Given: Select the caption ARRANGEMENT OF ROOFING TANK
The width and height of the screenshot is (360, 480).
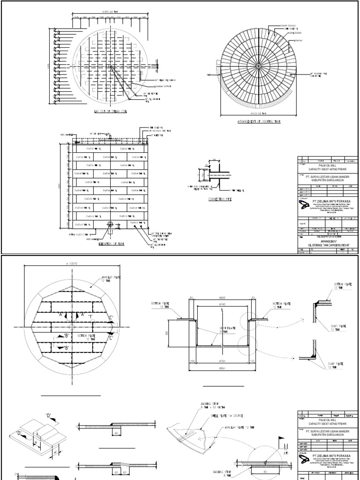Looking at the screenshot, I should pos(258,121).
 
